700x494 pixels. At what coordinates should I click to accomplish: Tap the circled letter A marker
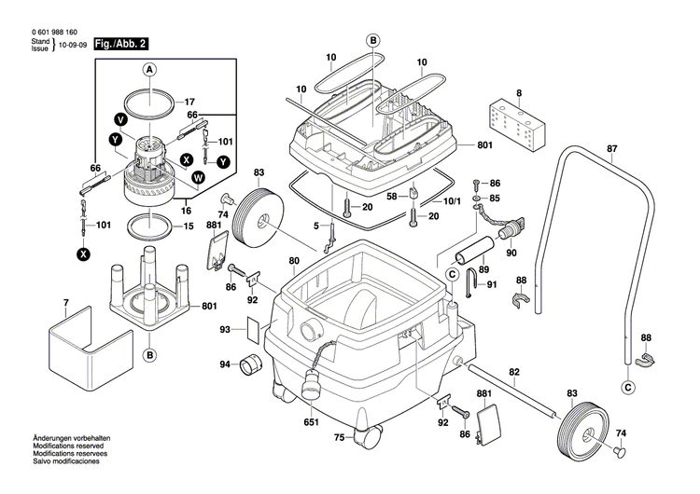(x=148, y=70)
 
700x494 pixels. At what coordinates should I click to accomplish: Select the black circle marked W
(x=198, y=176)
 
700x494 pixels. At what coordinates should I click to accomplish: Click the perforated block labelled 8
(x=519, y=121)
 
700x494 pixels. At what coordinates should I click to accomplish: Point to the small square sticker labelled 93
(x=252, y=329)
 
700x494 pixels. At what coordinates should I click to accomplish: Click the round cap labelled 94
(x=249, y=364)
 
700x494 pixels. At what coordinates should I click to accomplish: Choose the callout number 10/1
(x=451, y=200)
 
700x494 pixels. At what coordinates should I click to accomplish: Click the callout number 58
(x=392, y=196)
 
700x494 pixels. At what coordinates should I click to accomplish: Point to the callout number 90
(x=510, y=254)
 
